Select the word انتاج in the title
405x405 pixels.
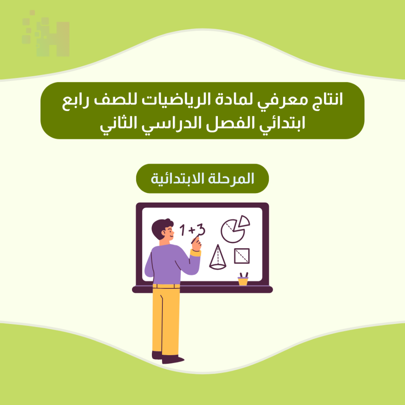tap(328, 100)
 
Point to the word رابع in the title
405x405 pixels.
tap(75, 101)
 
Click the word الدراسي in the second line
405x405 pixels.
tap(171, 123)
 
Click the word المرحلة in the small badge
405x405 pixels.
tap(231, 179)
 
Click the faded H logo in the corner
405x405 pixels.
tap(46, 34)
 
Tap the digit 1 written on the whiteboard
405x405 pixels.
tap(183, 230)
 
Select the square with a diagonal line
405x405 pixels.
tap(242, 256)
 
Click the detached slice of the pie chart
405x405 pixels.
tap(243, 222)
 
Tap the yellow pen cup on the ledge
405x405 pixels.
tap(243, 281)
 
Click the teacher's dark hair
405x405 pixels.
tap(161, 227)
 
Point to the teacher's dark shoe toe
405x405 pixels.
tap(178, 359)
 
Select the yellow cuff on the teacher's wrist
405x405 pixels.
tap(196, 253)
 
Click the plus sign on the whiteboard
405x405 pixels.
tap(192, 230)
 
